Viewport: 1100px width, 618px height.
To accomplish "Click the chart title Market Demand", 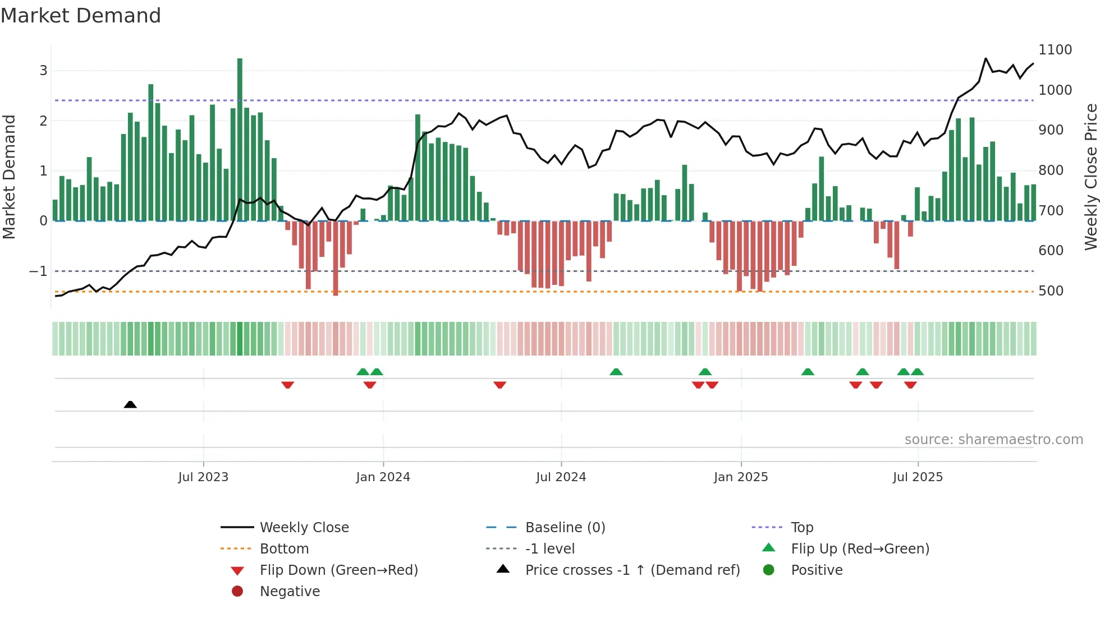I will tap(81, 16).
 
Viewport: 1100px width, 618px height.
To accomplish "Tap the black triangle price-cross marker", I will tap(130, 404).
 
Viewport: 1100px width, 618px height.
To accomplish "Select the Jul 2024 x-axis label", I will tap(561, 477).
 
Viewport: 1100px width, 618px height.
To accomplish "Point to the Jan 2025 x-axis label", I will tap(740, 477).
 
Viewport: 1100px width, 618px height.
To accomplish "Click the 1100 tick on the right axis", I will tap(1055, 50).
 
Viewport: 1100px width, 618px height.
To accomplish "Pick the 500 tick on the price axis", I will tap(1051, 291).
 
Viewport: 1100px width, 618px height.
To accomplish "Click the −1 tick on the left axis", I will tap(38, 271).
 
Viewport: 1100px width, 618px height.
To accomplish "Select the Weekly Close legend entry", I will tap(304, 527).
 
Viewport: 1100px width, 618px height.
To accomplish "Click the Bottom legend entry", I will tap(284, 548).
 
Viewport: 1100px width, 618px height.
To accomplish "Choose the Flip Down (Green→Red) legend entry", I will tap(338, 570).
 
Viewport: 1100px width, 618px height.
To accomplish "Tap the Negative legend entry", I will tap(290, 591).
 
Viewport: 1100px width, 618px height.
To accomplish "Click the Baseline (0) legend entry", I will tap(565, 527).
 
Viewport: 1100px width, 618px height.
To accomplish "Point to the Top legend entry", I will tap(801, 527).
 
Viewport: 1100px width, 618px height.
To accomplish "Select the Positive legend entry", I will tap(817, 570).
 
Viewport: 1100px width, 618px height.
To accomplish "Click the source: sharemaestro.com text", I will tap(993, 440).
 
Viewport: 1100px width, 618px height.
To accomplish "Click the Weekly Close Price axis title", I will tap(1090, 177).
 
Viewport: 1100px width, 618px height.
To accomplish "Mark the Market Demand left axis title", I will tap(9, 177).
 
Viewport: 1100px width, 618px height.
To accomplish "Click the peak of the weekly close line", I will tap(986, 58).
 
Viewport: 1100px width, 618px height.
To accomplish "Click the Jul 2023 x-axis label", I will tap(203, 477).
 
